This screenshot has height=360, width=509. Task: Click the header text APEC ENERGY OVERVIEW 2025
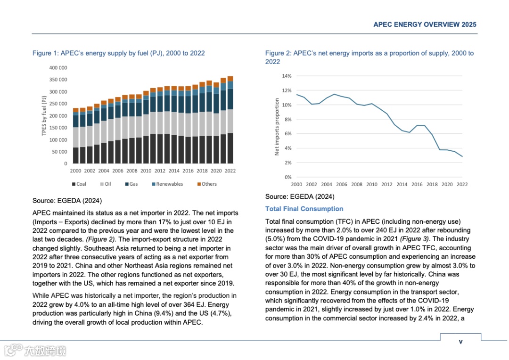(x=425, y=25)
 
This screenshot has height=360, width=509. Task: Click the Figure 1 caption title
(x=118, y=53)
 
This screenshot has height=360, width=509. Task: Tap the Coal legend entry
(x=79, y=184)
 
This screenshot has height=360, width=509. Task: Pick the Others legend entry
(x=207, y=184)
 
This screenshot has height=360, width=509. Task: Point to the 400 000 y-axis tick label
(x=58, y=68)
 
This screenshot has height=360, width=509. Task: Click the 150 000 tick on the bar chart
(x=58, y=128)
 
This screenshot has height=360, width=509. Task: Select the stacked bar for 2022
(x=230, y=120)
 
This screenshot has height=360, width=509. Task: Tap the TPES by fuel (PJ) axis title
(x=44, y=116)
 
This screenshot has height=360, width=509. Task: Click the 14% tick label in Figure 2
(x=287, y=76)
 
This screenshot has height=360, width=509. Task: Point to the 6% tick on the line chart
(x=287, y=134)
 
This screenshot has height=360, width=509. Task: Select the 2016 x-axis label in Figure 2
(x=417, y=184)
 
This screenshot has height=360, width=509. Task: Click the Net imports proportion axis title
(x=277, y=127)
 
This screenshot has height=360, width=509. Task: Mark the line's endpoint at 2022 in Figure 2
(x=462, y=156)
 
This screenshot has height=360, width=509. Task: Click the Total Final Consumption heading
(x=304, y=209)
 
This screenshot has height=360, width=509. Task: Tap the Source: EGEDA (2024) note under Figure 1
(x=67, y=201)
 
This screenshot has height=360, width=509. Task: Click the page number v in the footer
(x=460, y=342)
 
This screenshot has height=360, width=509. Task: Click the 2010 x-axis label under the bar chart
(x=146, y=171)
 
